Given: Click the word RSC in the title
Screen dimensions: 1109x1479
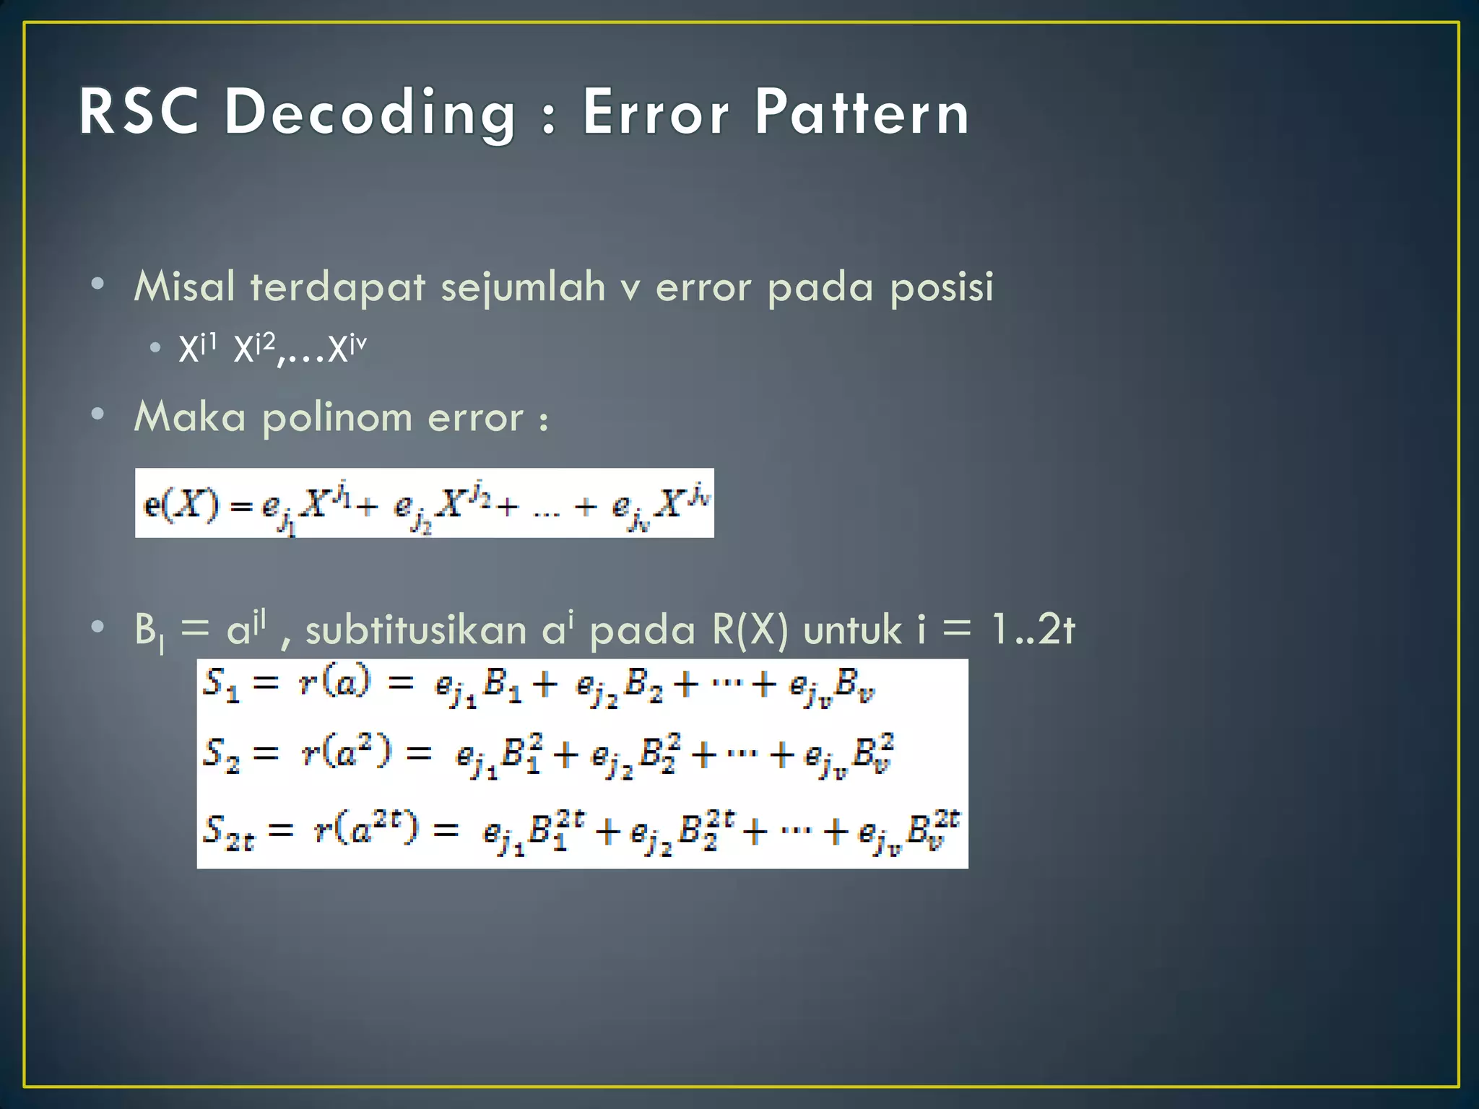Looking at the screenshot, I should [x=139, y=112].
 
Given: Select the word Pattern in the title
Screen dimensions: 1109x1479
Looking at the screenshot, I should [x=862, y=112].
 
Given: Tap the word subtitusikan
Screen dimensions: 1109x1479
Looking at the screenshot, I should [x=416, y=630].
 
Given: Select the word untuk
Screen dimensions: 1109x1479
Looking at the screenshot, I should [x=853, y=630].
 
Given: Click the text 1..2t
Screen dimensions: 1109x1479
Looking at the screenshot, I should [x=1033, y=630].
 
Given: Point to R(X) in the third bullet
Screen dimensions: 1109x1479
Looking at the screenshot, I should [x=750, y=630].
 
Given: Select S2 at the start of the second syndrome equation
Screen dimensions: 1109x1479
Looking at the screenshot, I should [x=220, y=754].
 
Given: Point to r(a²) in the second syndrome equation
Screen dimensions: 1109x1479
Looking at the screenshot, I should [x=346, y=753].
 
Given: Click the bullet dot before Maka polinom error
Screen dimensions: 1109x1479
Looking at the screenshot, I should [x=98, y=415].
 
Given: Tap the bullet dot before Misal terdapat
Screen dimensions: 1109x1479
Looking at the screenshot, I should [x=98, y=284].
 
